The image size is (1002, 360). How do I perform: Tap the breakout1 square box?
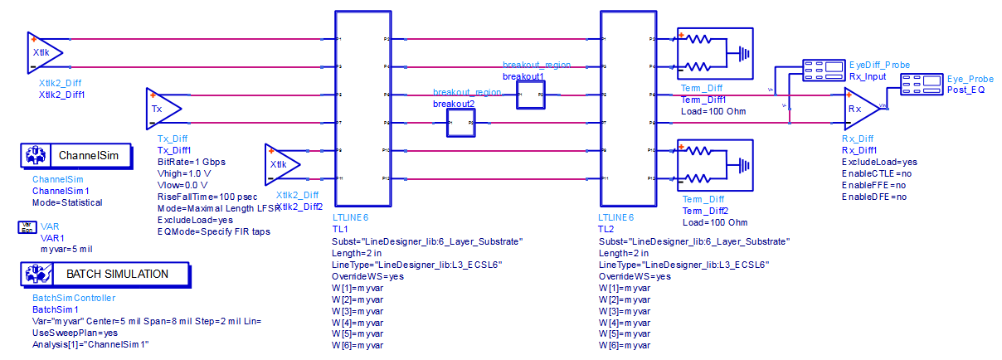click(528, 95)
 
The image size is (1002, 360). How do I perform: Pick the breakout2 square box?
click(457, 123)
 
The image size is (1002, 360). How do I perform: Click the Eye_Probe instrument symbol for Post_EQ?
click(921, 82)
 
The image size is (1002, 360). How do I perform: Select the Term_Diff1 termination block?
click(714, 53)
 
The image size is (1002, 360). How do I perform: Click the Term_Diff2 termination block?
click(714, 165)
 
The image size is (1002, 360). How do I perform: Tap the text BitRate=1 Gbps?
click(191, 162)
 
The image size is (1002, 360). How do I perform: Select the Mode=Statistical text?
click(67, 202)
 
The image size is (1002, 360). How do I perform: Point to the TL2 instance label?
click(606, 229)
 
